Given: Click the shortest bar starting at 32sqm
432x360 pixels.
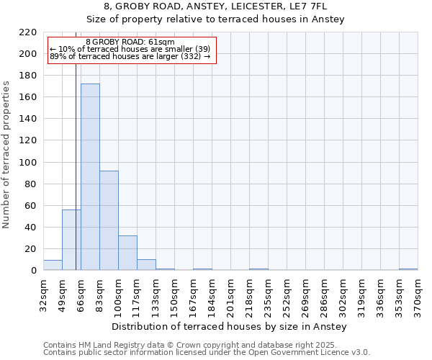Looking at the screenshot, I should (53, 265).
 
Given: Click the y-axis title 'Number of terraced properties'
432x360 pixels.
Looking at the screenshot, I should (6, 155).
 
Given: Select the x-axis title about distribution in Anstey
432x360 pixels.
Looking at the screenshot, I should (230, 327).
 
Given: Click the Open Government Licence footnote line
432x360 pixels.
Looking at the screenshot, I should (207, 353).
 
